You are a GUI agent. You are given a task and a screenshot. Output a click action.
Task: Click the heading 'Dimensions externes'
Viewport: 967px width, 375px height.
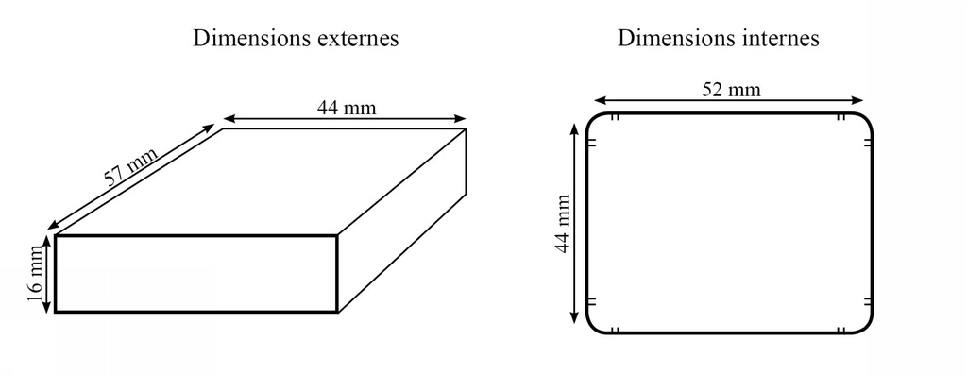(296, 39)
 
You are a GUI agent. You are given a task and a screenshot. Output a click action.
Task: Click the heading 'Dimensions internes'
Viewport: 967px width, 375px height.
(718, 39)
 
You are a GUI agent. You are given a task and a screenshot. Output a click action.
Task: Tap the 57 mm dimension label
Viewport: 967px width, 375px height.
(130, 167)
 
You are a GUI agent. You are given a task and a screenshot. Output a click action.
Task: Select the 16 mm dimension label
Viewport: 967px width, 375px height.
(36, 273)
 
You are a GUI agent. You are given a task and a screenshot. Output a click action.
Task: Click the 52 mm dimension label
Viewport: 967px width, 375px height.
(731, 90)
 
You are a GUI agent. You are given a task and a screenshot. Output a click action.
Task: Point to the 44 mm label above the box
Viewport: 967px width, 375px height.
(346, 107)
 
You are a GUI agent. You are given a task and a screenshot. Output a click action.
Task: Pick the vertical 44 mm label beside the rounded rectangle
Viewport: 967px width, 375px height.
(563, 223)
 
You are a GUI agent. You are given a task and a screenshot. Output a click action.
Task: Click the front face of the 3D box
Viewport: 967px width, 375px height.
(196, 273)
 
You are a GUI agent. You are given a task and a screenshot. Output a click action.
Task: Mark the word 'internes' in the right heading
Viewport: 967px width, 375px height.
(781, 39)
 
